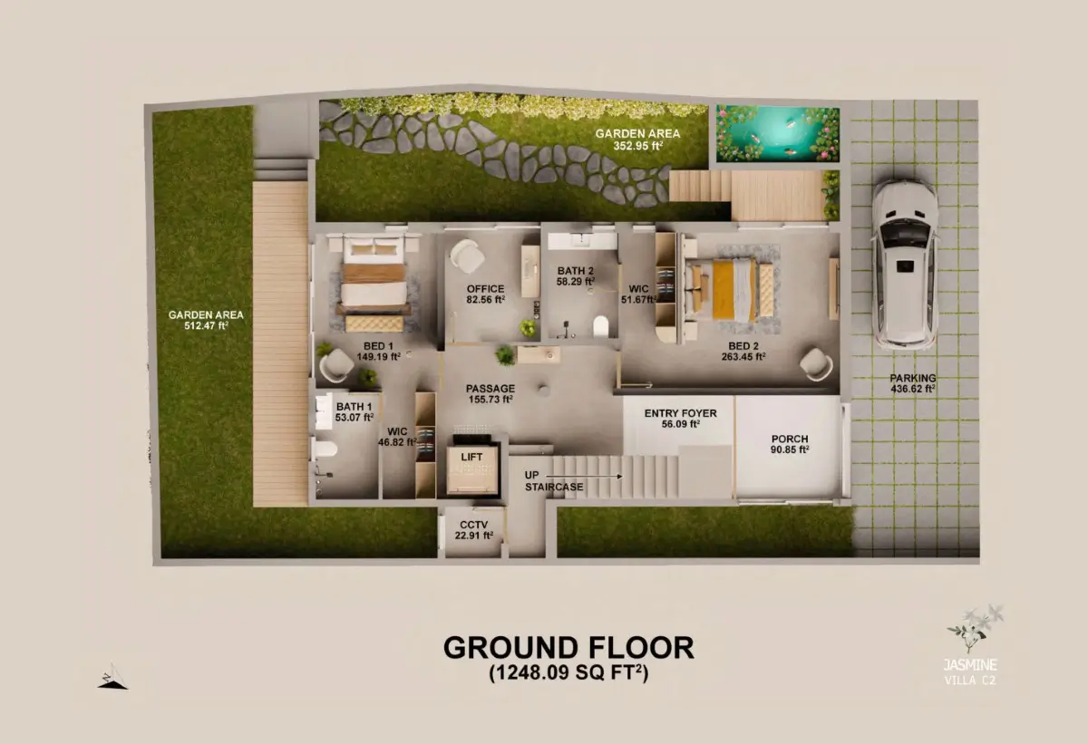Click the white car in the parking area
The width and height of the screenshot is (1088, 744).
point(905,265)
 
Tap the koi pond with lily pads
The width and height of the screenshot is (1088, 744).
point(778,133)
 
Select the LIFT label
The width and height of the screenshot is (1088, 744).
point(471,457)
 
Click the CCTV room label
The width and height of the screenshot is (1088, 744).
point(473,525)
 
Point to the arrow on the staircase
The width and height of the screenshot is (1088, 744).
point(584,476)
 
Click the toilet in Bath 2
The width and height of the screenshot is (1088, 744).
point(601,326)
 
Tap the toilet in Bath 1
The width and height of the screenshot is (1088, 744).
point(325,449)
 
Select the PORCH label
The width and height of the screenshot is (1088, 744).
point(790,439)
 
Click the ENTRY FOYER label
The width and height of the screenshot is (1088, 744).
point(681,413)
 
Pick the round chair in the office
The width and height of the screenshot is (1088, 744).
point(467,256)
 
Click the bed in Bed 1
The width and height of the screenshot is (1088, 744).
point(374,283)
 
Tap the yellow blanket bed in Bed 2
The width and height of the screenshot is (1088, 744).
point(727,290)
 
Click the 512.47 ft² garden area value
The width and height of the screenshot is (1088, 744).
point(206,325)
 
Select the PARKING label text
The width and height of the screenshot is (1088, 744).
point(913,378)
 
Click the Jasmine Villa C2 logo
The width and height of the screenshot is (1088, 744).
point(971,645)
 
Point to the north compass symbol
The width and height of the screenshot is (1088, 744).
point(112,676)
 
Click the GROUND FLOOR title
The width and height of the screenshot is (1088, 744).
point(568,647)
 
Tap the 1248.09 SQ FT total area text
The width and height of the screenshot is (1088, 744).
point(568,672)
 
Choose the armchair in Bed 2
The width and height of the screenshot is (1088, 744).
point(816,364)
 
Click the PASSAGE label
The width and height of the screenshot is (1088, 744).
point(491,388)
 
